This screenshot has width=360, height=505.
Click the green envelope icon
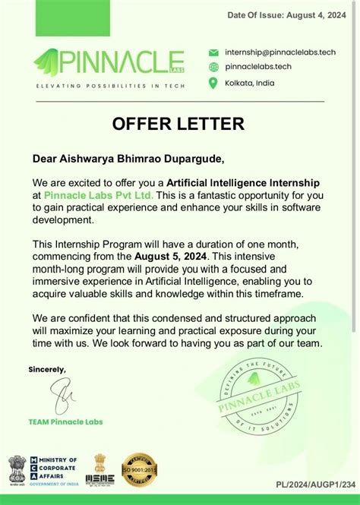pos(213,52)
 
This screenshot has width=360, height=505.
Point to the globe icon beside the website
pos(213,67)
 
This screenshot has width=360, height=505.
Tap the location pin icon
pos(213,82)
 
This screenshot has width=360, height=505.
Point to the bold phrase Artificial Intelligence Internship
pos(243,183)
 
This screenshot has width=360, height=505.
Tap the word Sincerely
pos(47,369)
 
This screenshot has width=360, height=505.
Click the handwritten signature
pos(60,396)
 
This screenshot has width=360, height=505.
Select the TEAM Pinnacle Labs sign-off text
pos(65,421)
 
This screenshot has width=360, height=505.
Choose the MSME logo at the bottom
pos(99,469)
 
